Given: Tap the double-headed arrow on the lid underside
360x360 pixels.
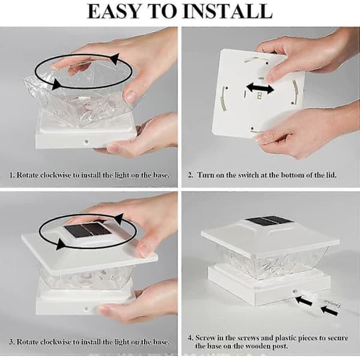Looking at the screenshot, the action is [260, 88].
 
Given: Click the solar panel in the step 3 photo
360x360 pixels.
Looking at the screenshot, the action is [87, 229].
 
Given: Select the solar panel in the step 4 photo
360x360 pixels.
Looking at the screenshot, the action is [269, 221].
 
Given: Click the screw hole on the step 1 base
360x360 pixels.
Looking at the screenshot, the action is [86, 141].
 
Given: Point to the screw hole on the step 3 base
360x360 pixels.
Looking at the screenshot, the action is [86, 309].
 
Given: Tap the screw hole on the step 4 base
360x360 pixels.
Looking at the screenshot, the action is [294, 292].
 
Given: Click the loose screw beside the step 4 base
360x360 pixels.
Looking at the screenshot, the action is [332, 303].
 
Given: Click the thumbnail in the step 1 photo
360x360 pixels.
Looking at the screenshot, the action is [131, 96].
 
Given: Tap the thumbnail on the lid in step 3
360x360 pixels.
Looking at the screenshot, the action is [145, 250].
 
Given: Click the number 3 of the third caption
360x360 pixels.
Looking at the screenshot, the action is [11, 342].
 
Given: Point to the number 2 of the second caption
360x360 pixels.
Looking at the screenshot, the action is [190, 175].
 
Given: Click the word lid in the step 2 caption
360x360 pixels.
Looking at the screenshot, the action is [331, 175].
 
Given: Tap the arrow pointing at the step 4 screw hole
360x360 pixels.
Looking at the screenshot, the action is [304, 301].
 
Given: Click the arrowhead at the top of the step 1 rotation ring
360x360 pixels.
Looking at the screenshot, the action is [115, 58].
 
